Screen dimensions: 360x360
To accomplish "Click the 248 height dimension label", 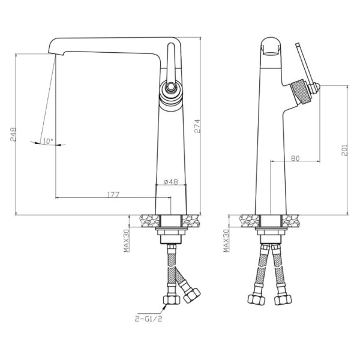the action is coord(13,134).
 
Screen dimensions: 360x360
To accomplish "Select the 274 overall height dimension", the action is coord(197,126).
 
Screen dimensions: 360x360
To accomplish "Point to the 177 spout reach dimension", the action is coord(113,194).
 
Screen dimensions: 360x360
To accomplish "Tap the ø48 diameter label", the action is coord(171,182).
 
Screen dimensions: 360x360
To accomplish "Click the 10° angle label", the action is coord(48,141).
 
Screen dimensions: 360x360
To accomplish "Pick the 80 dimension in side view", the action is coord(295,158).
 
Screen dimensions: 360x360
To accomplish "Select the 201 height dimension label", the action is coord(344,151).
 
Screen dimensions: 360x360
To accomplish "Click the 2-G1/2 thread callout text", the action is coord(148,319).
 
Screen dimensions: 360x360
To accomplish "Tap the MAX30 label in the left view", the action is coord(127,241).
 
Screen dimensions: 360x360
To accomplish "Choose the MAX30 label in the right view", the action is coord(226,241).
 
